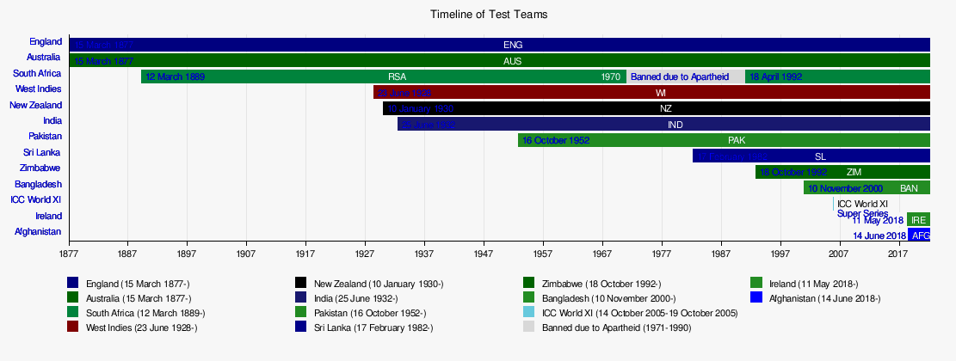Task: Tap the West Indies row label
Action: pyautogui.click(x=38, y=89)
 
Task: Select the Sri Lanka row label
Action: pyautogui.click(x=42, y=153)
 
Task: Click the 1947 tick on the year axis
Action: pyautogui.click(x=484, y=254)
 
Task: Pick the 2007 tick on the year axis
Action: pyautogui.click(x=839, y=254)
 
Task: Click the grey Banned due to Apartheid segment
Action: pyautogui.click(x=686, y=76)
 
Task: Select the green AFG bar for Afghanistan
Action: pyautogui.click(x=920, y=236)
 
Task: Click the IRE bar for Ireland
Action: pyautogui.click(x=918, y=219)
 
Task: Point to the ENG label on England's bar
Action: pyautogui.click(x=513, y=45)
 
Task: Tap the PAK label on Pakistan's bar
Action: pyautogui.click(x=737, y=140)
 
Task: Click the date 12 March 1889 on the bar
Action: pyautogui.click(x=176, y=76)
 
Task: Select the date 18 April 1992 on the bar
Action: pyautogui.click(x=775, y=76)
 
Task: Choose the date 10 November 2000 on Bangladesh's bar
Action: pyautogui.click(x=845, y=188)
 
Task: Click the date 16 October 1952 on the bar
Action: pyautogui.click(x=556, y=140)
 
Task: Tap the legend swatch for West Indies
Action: pyautogui.click(x=73, y=327)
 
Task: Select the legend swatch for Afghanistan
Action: pyautogui.click(x=756, y=298)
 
